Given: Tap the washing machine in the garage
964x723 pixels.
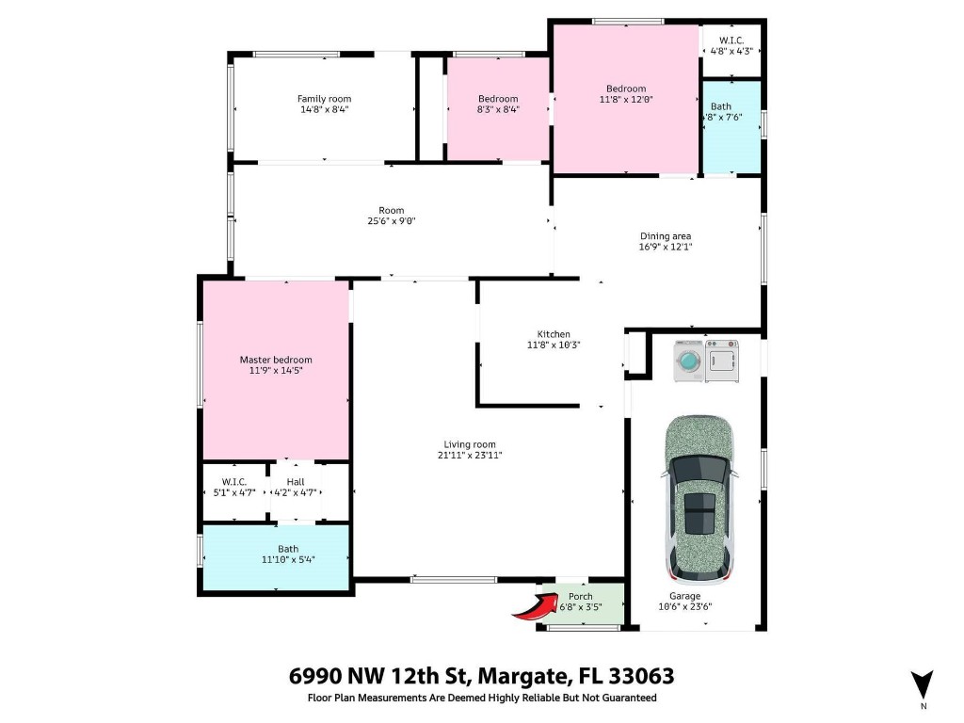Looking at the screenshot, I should pyautogui.click(x=689, y=361).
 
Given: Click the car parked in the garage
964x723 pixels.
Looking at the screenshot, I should pyautogui.click(x=699, y=499).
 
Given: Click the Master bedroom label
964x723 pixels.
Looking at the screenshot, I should pyautogui.click(x=276, y=360).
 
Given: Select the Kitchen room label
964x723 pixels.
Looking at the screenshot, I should pyautogui.click(x=554, y=334).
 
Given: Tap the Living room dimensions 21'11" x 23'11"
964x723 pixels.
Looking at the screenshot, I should pyautogui.click(x=471, y=456).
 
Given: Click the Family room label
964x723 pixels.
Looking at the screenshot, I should pyautogui.click(x=324, y=99).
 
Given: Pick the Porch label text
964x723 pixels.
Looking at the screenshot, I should pyautogui.click(x=581, y=596).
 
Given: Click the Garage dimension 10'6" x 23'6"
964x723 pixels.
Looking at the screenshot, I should pyautogui.click(x=684, y=607).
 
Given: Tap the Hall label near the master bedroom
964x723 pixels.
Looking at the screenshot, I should pyautogui.click(x=296, y=481).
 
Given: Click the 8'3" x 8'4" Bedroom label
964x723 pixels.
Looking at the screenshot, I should pyautogui.click(x=498, y=109).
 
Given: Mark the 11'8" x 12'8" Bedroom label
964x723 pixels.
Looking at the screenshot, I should pyautogui.click(x=626, y=99).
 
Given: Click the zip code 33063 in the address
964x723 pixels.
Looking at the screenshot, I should pyautogui.click(x=642, y=676).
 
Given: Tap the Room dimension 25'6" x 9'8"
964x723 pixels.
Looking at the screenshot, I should pyautogui.click(x=392, y=221).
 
